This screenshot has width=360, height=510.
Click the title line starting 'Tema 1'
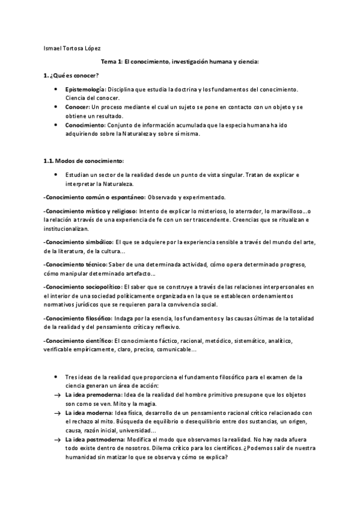coord(180,62)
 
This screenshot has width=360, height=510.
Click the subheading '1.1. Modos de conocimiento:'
coord(84,161)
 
